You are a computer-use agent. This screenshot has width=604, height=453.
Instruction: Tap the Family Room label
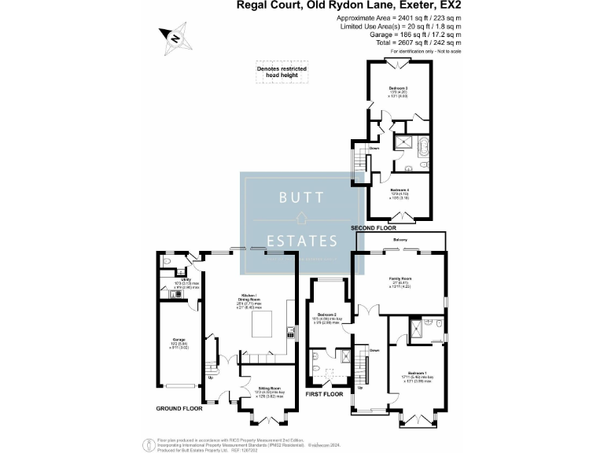401,279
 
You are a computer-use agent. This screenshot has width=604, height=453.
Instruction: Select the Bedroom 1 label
418,372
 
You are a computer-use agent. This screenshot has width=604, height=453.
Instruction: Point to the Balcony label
400,239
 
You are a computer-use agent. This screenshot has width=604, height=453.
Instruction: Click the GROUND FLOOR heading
179,408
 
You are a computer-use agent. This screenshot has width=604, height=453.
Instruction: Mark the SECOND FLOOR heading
376,227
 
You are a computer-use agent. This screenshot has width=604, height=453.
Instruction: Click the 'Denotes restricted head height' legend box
282,72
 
